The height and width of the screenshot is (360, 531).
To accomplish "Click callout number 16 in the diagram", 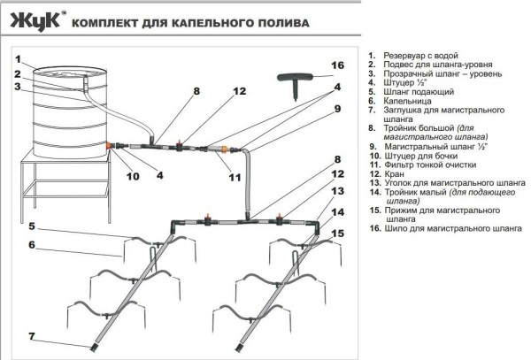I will coord(336,65).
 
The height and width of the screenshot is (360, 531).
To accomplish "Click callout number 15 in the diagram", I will coord(337,234).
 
